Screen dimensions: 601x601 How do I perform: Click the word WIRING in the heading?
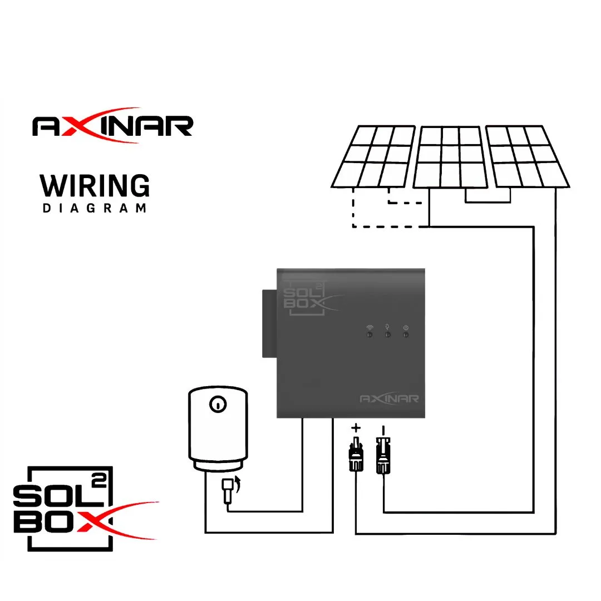[95, 186]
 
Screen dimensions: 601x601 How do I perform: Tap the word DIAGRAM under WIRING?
[95, 209]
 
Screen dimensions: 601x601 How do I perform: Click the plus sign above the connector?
[356, 428]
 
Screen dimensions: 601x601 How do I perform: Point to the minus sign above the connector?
[382, 430]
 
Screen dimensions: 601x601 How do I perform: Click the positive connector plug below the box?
[356, 455]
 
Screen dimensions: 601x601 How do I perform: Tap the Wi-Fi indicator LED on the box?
[370, 334]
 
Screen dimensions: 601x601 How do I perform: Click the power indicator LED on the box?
[406, 334]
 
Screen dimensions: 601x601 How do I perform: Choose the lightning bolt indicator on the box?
[388, 334]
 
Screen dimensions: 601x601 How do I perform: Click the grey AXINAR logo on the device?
[389, 398]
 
